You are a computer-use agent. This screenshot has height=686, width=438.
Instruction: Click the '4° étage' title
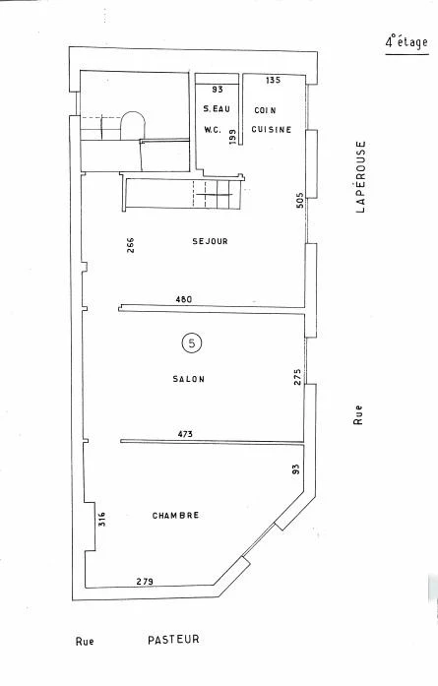pos(407,42)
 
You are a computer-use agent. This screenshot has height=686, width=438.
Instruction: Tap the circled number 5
pos(191,343)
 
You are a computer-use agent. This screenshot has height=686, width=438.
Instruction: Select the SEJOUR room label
pos(210,241)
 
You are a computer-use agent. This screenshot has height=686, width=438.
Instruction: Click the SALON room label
pos(189,379)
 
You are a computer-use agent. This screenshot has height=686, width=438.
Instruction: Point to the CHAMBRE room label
pos(175,516)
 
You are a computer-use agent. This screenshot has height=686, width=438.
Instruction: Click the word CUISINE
pos(272,130)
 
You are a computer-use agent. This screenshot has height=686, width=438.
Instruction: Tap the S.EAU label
pos(217,109)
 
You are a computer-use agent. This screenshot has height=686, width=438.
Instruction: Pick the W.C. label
pos(213,130)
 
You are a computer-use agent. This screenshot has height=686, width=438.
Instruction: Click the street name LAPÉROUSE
pos(360,176)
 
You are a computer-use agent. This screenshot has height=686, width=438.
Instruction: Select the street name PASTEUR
pos(173,640)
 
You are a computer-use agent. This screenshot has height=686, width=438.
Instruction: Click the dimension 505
pos(300,201)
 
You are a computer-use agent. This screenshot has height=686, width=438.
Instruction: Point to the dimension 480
pos(183,299)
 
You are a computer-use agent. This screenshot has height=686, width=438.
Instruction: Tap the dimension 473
pos(185,434)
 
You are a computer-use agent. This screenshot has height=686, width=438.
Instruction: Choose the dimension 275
pos(297,377)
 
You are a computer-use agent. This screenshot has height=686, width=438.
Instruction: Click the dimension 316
pos(102,519)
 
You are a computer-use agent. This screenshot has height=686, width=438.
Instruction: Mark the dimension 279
pos(145,582)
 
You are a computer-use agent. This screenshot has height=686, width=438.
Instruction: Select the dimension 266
pos(130,245)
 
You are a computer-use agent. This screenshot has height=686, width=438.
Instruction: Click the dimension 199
pos(232,137)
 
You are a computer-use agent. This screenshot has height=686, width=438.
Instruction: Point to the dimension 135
pos(273,80)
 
